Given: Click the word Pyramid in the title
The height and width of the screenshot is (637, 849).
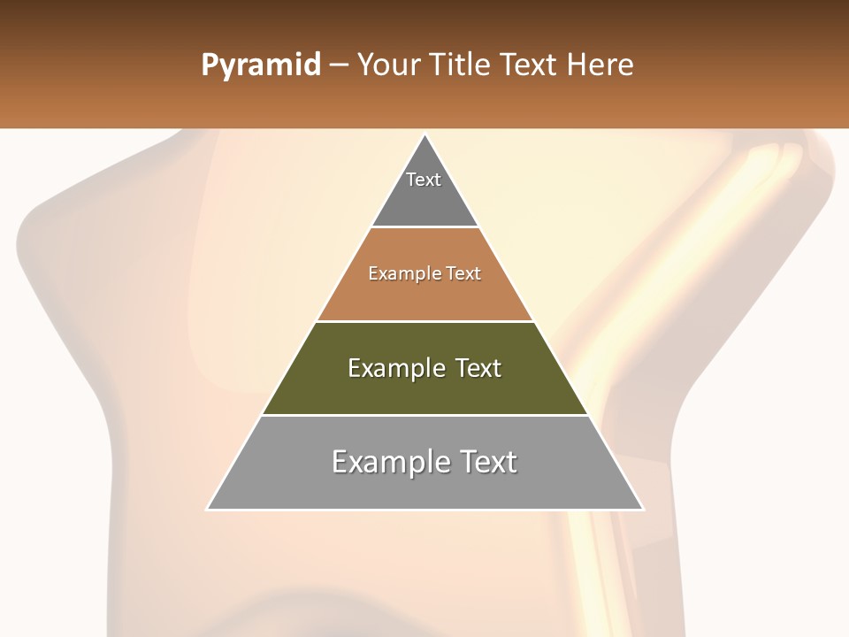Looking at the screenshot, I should [261, 65].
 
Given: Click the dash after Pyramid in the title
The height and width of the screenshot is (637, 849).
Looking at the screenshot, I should [339, 65].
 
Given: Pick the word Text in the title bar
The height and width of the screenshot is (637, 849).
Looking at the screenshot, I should [532, 65].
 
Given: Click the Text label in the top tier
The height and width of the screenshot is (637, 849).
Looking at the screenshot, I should [424, 180].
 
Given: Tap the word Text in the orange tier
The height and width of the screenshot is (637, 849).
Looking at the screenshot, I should [464, 274].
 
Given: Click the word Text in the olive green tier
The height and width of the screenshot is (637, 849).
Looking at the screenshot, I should [478, 368].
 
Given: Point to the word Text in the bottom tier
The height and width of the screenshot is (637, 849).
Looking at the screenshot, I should [488, 462].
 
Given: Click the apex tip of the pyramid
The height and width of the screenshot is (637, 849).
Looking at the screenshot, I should [425, 135].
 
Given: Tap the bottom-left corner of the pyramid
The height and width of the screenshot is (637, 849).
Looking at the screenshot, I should [208, 509].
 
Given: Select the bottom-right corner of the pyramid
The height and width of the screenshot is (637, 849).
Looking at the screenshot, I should [642, 509].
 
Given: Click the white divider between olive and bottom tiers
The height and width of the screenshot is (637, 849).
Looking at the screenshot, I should [425, 415].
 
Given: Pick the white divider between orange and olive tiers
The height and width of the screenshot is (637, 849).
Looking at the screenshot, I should [425, 321].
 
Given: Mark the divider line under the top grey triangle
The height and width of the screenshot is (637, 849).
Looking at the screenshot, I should [425, 227].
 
